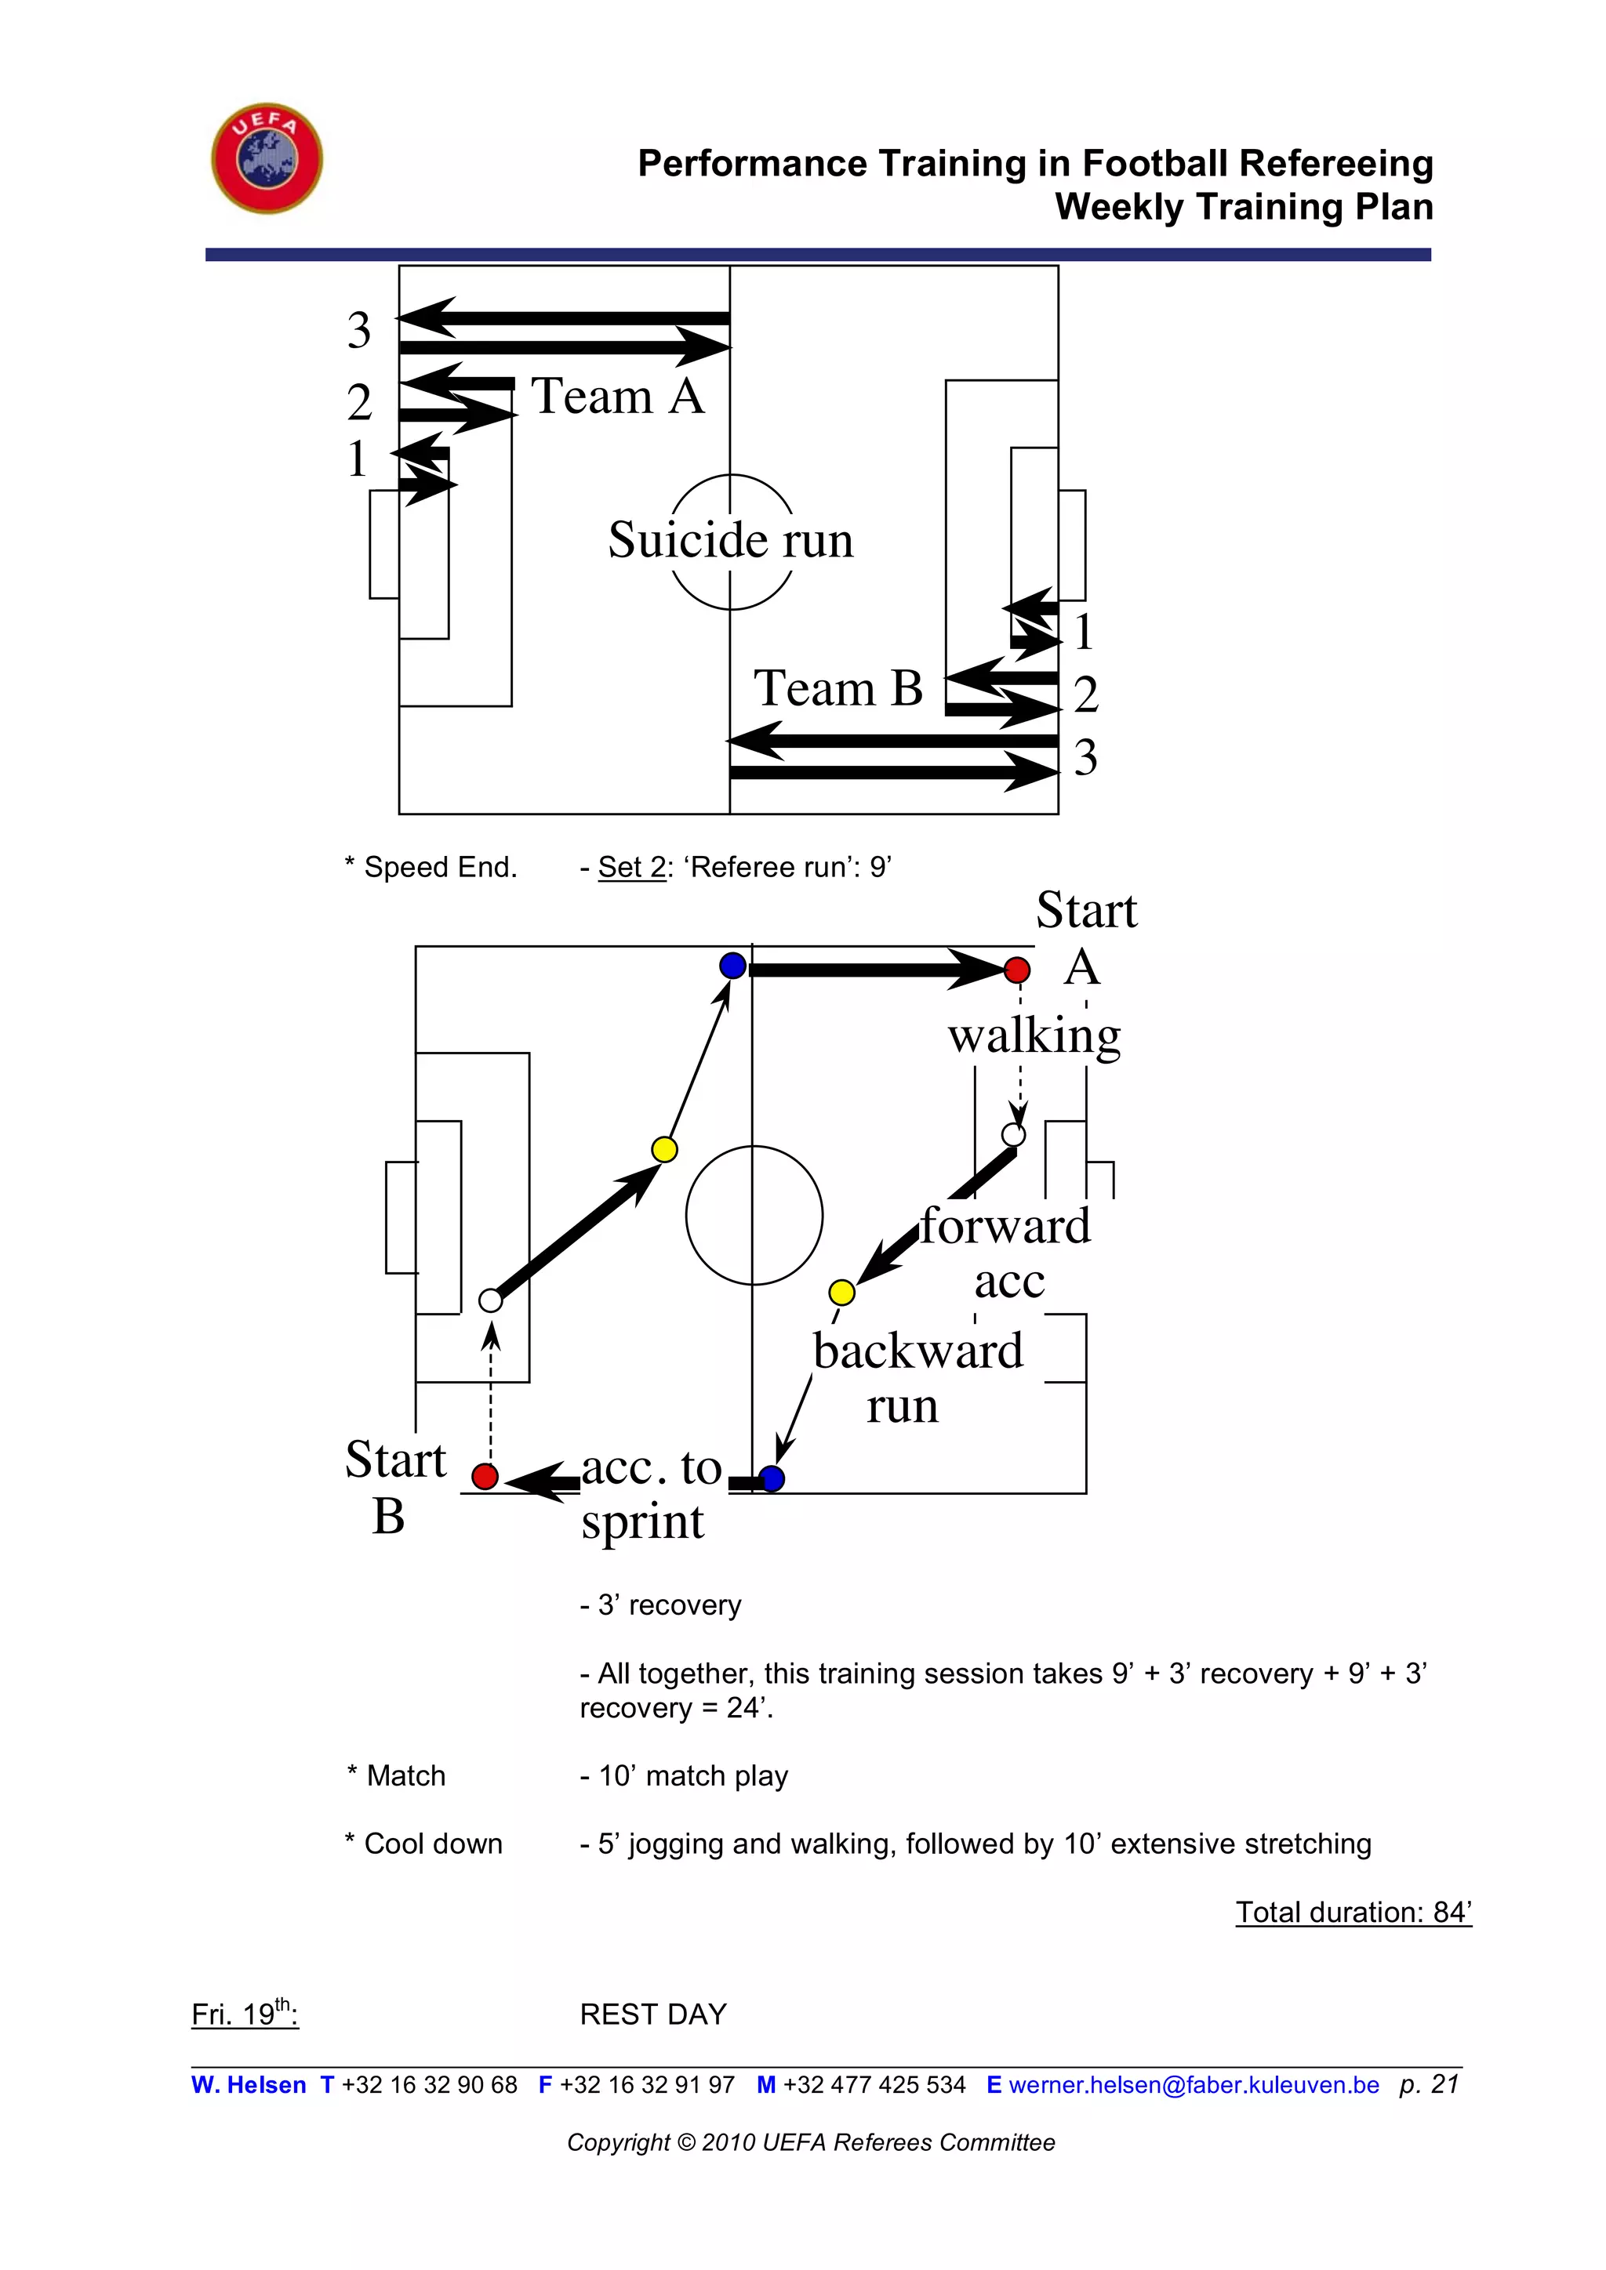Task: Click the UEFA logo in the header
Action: point(267,158)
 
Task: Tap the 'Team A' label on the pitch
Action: point(618,397)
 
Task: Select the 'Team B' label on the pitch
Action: point(838,688)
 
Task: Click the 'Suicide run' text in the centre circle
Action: point(730,540)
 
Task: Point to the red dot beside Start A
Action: point(1016,970)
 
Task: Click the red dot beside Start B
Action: point(485,1476)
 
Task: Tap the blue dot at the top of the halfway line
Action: point(732,965)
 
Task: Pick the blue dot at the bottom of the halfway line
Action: point(772,1478)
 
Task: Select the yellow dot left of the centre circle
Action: point(664,1149)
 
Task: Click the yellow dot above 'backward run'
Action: point(841,1291)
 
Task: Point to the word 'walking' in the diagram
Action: point(1034,1036)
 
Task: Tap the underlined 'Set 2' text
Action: point(632,867)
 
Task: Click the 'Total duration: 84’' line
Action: point(1353,1912)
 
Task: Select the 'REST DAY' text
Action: point(652,2014)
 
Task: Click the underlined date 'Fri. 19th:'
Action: point(244,2014)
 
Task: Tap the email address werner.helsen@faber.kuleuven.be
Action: point(1194,2085)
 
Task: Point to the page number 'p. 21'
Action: point(1428,2084)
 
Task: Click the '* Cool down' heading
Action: point(424,1844)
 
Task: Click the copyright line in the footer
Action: point(811,2142)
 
